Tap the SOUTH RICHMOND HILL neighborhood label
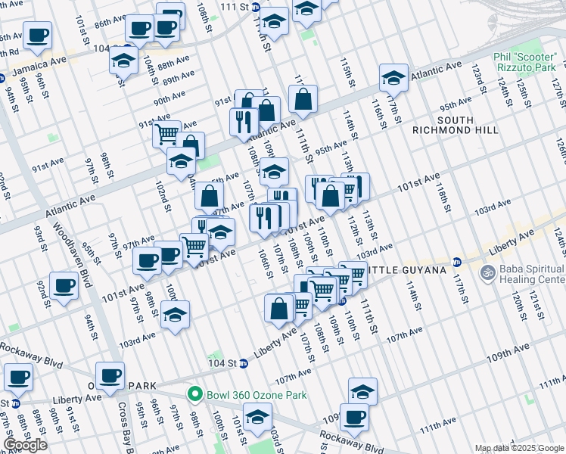[x=455, y=125]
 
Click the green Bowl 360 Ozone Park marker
[x=195, y=395]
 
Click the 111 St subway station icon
[x=255, y=6]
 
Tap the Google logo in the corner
[x=25, y=445]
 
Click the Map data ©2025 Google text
[x=519, y=448]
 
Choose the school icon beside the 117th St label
[x=393, y=77]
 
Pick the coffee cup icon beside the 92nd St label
[x=64, y=286]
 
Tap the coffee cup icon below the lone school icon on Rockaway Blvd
[x=353, y=415]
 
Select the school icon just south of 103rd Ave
[x=175, y=314]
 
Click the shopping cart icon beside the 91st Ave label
[x=166, y=134]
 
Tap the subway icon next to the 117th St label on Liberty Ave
[x=456, y=262]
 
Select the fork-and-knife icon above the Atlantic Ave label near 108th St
[x=244, y=121]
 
